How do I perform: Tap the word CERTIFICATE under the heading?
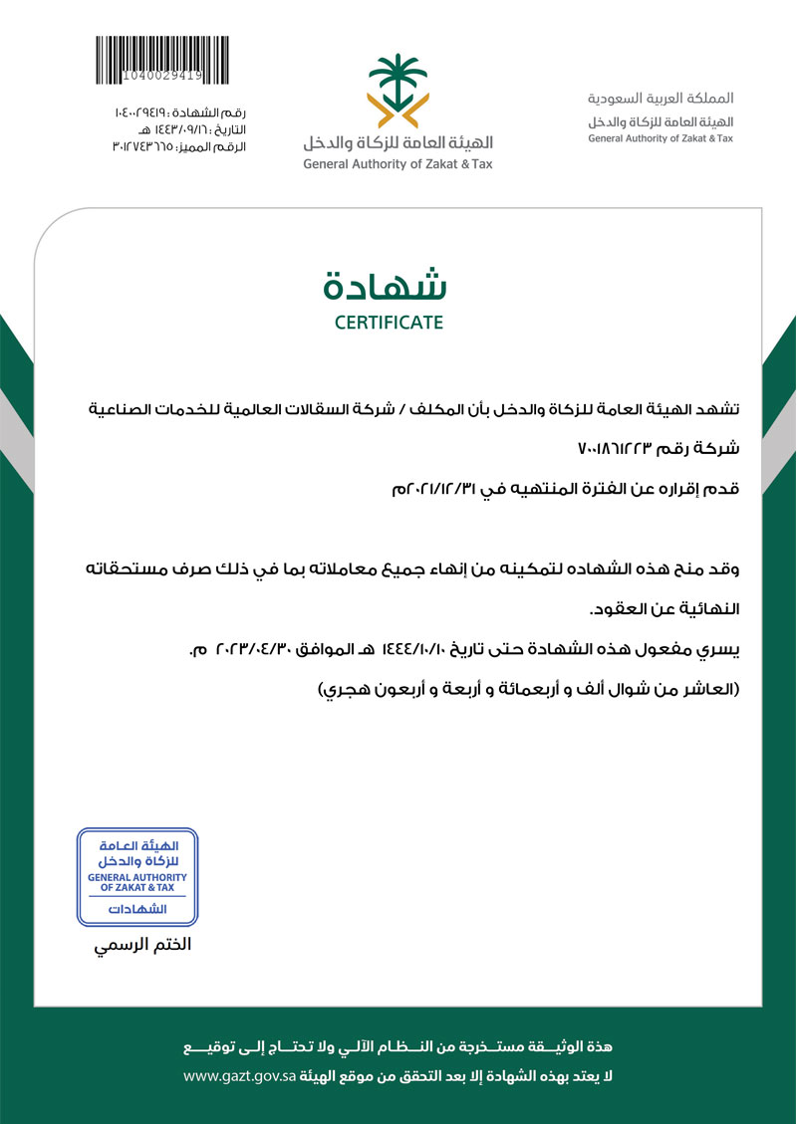[x=389, y=323]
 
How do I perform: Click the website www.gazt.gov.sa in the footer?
[x=238, y=1076]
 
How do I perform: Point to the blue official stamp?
[x=137, y=876]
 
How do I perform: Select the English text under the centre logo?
[x=398, y=164]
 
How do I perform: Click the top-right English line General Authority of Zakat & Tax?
[x=660, y=138]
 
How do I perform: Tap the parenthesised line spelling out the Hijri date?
[x=528, y=690]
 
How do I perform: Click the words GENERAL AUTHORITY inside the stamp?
[x=137, y=877]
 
